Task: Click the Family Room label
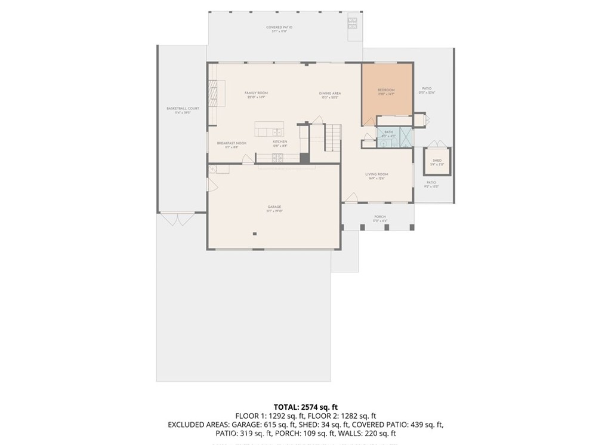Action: [256, 93]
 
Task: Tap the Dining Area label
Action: [329, 94]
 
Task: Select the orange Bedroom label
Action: [386, 90]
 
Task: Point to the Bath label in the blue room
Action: [388, 132]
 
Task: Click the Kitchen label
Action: [280, 142]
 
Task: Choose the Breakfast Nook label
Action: [232, 143]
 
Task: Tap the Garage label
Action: [274, 207]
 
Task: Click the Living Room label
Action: [377, 174]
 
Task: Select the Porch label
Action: [380, 217]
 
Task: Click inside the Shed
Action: [437, 161]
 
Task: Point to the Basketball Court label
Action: [183, 109]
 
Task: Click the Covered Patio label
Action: [279, 27]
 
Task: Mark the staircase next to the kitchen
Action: [332, 137]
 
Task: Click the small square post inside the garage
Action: [255, 234]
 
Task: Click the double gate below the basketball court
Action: [177, 219]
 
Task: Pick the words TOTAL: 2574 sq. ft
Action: [305, 407]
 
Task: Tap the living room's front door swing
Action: [353, 197]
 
